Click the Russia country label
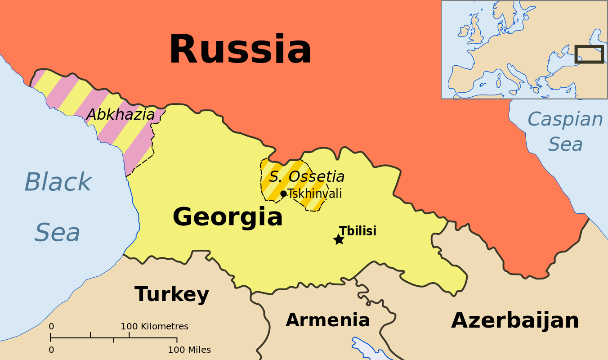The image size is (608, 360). pyautogui.click(x=240, y=49)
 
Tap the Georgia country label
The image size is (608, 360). pyautogui.click(x=228, y=217)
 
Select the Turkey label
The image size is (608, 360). pyautogui.click(x=172, y=294)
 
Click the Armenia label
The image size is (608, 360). pyautogui.click(x=327, y=320)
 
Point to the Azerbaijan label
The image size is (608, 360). pyautogui.click(x=515, y=320)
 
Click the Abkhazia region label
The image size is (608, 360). pyautogui.click(x=121, y=114)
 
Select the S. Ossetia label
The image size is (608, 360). pyautogui.click(x=307, y=176)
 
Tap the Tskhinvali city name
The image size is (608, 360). pyautogui.click(x=315, y=194)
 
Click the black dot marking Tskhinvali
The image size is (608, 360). pyautogui.click(x=283, y=193)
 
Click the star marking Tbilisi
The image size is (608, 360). pyautogui.click(x=339, y=239)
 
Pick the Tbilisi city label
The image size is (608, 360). pyautogui.click(x=358, y=231)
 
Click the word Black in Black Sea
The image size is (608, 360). pyautogui.click(x=58, y=182)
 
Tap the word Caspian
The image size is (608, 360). pyautogui.click(x=565, y=120)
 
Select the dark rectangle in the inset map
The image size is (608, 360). pyautogui.click(x=589, y=54)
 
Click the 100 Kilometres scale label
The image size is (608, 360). pyautogui.click(x=154, y=326)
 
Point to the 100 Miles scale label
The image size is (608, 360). pyautogui.click(x=189, y=350)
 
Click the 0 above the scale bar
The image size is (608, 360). pyautogui.click(x=51, y=326)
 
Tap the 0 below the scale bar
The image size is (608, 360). pyautogui.click(x=51, y=350)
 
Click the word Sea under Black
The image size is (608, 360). pyautogui.click(x=57, y=233)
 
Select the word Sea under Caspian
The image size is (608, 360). pyautogui.click(x=565, y=144)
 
